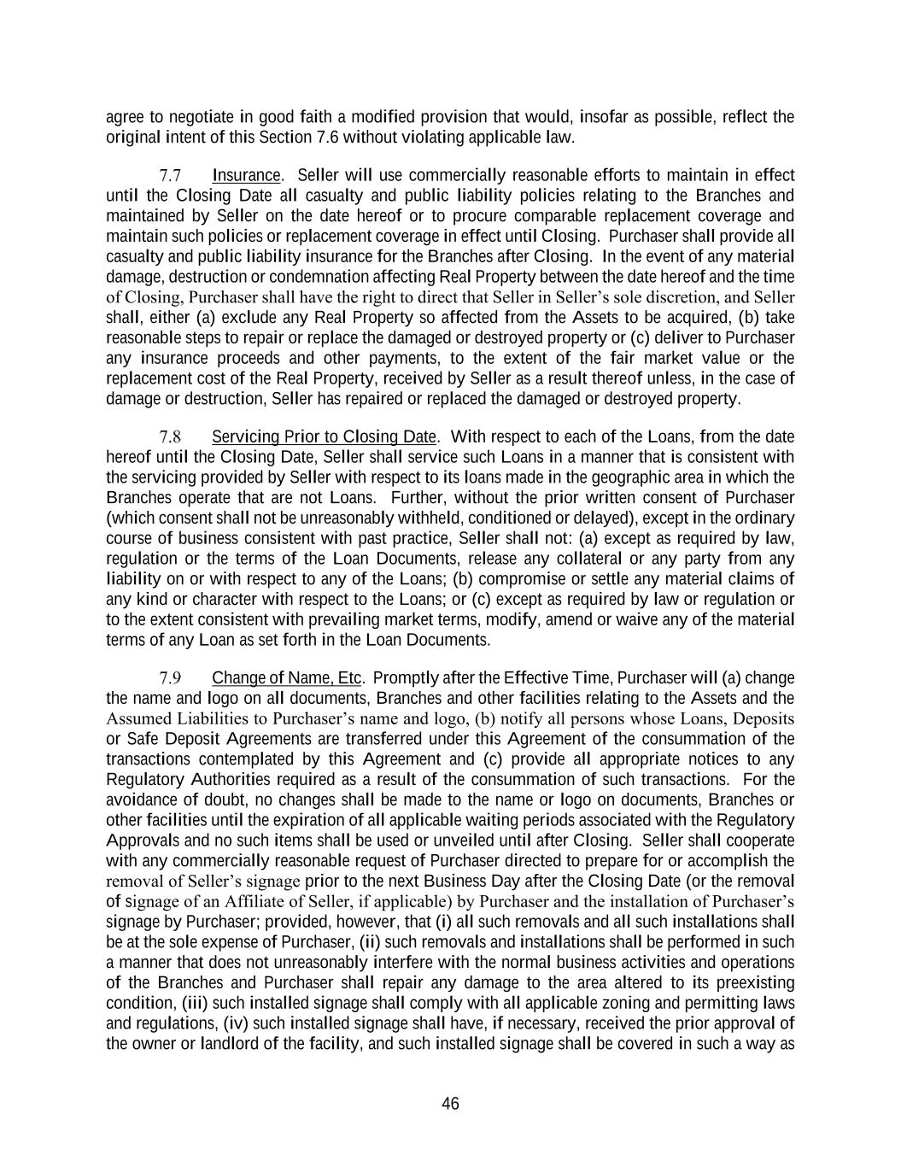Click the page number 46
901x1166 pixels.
coord(450,1104)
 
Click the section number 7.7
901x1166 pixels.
coord(170,176)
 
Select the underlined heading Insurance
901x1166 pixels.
coord(246,176)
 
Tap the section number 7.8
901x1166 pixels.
coord(170,437)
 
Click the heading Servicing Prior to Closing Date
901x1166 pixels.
coord(324,437)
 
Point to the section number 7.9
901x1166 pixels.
coord(170,678)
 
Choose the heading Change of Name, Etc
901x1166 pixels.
coord(287,678)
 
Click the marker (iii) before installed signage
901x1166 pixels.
coord(190,1003)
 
